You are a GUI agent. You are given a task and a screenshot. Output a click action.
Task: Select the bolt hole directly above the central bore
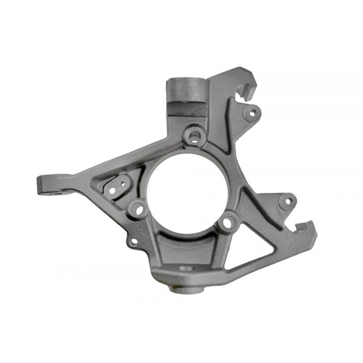(x=194, y=135)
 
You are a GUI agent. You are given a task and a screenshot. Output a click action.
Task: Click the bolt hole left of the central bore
(x=138, y=209)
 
